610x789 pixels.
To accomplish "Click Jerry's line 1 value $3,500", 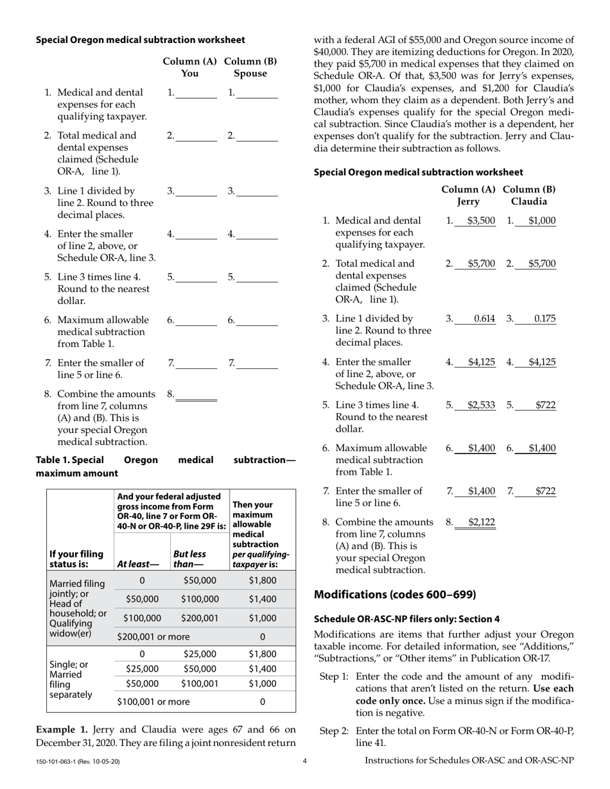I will click(x=481, y=221).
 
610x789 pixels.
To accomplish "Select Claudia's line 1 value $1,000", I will click(x=542, y=221).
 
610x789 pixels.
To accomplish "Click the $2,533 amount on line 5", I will click(x=481, y=405).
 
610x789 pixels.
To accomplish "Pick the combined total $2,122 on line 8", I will click(x=481, y=522).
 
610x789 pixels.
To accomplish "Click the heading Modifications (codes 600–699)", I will click(x=395, y=595).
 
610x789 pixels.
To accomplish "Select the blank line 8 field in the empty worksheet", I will click(x=196, y=394).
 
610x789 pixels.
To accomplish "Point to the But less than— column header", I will click(x=189, y=559).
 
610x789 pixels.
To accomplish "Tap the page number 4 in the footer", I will click(x=305, y=761).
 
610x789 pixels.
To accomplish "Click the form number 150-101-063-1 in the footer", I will click(x=77, y=761).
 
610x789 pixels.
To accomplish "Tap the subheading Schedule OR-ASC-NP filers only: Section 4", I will click(x=406, y=619).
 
